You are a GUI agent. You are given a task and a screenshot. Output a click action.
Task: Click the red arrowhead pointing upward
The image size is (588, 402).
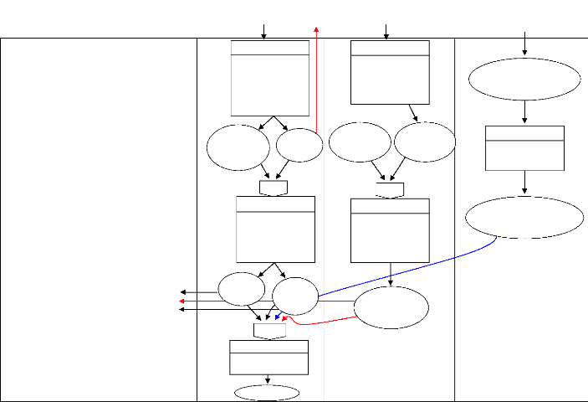click(316, 28)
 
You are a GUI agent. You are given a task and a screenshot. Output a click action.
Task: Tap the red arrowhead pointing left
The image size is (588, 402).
click(182, 301)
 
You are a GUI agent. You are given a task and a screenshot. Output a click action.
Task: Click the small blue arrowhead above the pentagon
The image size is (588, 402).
click(277, 319)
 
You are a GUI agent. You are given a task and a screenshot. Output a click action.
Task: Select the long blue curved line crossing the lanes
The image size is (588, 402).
click(410, 266)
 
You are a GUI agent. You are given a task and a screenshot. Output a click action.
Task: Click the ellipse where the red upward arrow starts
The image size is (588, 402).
click(299, 146)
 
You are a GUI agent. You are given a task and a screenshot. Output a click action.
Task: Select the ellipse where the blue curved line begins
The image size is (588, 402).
click(524, 218)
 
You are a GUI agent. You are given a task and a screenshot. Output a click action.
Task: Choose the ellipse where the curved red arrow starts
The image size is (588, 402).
click(391, 307)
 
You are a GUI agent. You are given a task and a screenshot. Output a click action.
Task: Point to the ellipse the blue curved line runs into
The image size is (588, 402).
click(295, 296)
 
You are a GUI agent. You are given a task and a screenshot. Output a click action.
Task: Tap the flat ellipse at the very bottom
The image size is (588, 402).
click(267, 393)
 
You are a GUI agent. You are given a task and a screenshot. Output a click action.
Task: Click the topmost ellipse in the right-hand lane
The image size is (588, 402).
click(524, 80)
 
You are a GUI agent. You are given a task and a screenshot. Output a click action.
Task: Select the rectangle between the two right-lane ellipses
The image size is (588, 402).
click(524, 148)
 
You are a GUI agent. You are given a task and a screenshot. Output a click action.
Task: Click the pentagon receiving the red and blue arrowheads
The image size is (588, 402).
click(269, 331)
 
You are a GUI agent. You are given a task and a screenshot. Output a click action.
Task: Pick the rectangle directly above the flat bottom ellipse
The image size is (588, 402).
click(268, 357)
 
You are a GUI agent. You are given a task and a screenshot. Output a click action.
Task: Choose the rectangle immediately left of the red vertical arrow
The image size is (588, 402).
click(270, 78)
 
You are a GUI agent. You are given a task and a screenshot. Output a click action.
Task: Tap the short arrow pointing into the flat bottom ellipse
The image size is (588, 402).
click(268, 380)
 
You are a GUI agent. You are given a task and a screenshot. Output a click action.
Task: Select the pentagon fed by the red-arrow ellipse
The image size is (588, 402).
click(274, 188)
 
